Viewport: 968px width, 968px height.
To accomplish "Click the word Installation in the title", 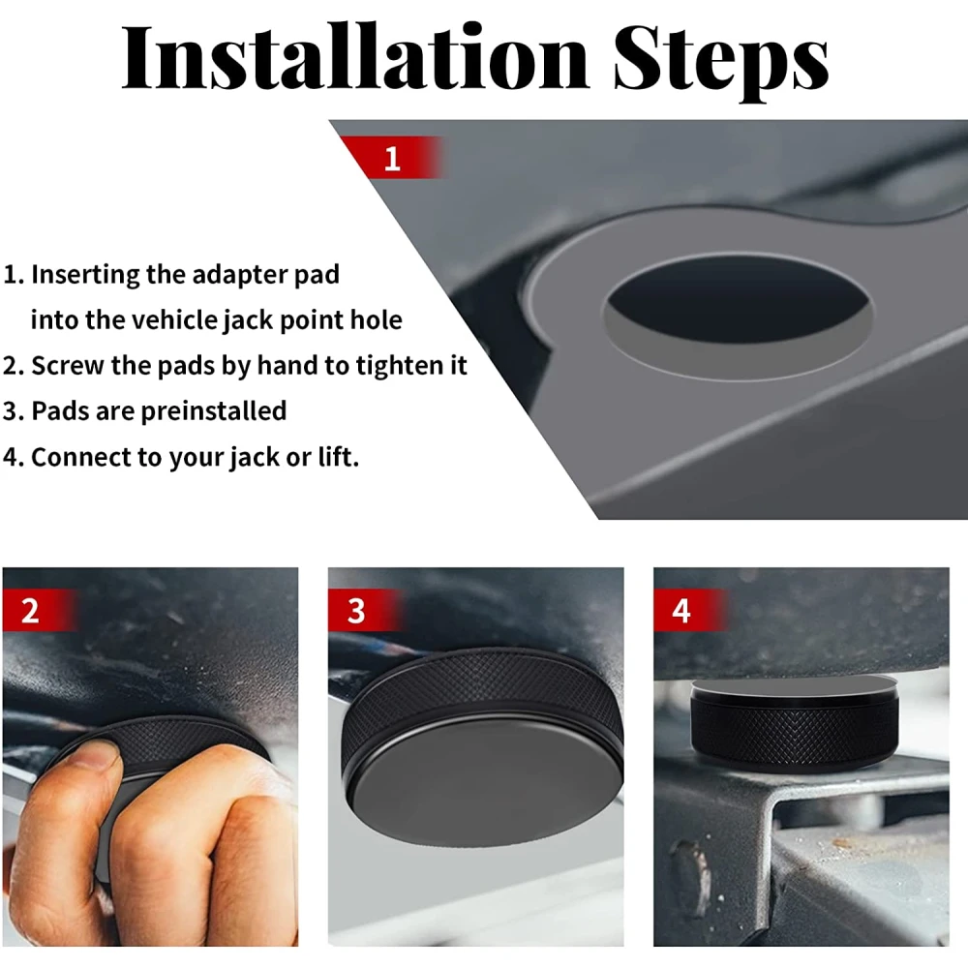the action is (355, 58).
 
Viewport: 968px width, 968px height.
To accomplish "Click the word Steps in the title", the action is (721, 62).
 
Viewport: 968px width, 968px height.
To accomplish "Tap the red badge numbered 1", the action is (391, 158).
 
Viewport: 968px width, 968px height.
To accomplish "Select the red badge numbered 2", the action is (40, 610).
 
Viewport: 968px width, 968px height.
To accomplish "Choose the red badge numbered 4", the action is (690, 610).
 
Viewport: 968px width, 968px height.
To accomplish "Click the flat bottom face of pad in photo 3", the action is (486, 783).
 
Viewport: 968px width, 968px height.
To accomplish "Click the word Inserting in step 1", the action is (85, 275).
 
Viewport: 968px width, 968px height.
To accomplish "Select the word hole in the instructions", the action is (377, 319).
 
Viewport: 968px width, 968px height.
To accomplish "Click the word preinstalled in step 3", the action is (214, 411).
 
